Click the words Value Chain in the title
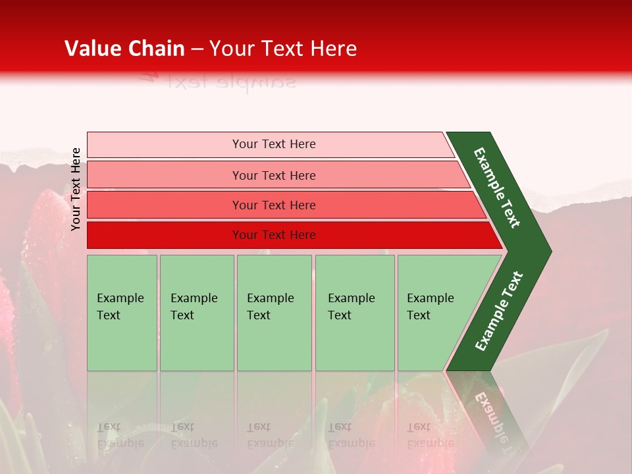coord(124,49)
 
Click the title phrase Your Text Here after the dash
coord(283,49)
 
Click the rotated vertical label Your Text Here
coord(76,189)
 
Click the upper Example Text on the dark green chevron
coord(497,188)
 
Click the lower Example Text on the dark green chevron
coord(499,311)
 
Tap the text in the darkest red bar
coord(274,235)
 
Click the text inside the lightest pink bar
coord(274,144)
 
